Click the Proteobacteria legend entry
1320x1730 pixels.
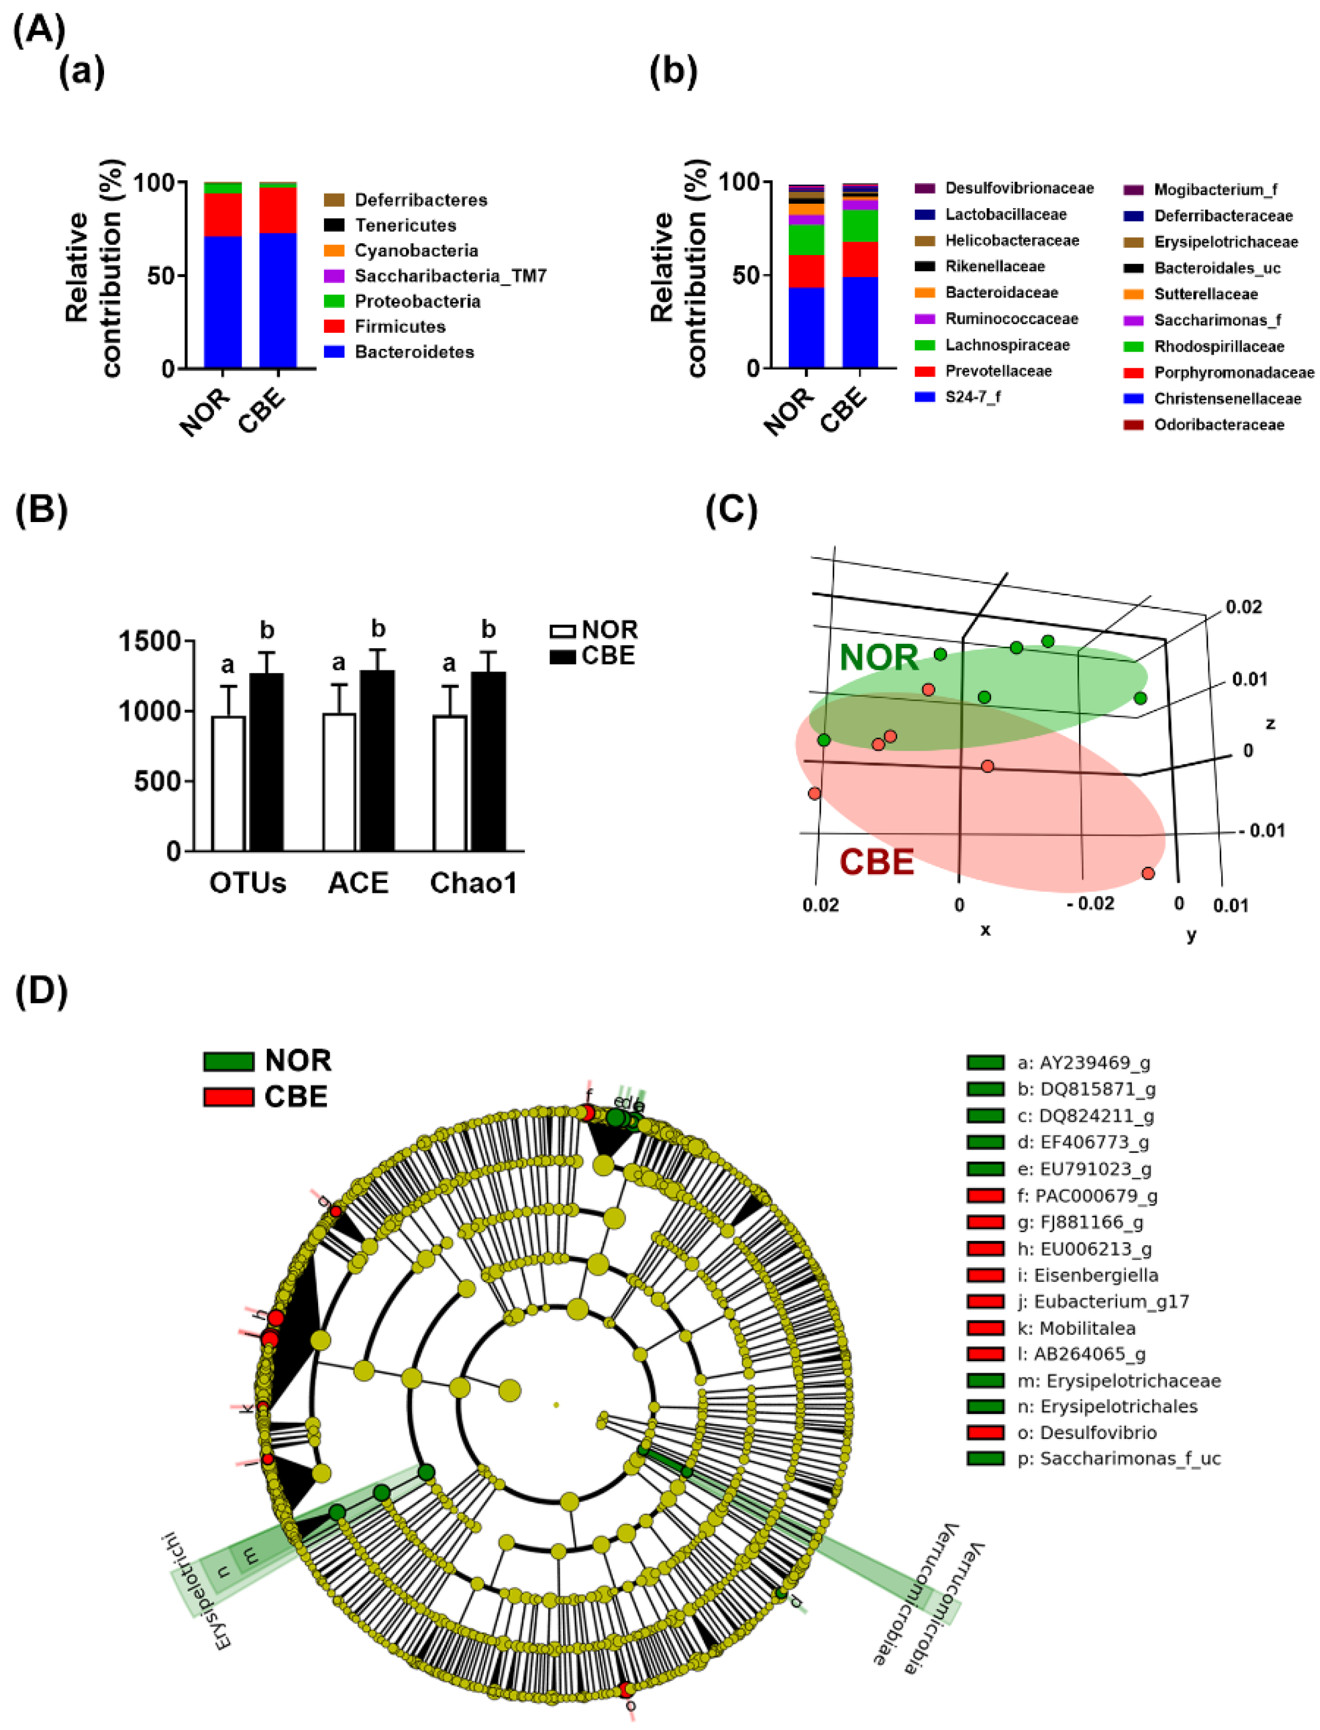(416, 301)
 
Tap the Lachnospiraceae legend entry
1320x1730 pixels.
(1007, 345)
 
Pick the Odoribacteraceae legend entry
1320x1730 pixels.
(1219, 425)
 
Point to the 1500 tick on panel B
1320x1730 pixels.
(150, 642)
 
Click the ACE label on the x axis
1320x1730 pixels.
(358, 883)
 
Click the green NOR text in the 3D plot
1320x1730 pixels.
(878, 657)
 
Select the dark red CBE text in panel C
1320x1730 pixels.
(877, 862)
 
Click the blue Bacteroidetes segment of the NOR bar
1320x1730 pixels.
(222, 303)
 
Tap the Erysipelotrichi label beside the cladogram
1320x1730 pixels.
(196, 1592)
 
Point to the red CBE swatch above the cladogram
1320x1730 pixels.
(228, 1097)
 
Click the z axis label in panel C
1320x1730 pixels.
(1270, 724)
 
